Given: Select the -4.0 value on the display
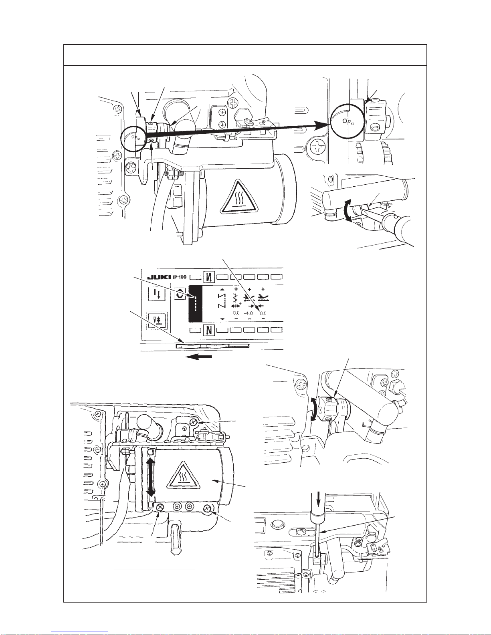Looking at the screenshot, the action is [x=249, y=313].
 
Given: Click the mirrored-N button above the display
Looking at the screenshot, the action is [x=209, y=276].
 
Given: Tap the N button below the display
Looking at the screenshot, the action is [x=209, y=330].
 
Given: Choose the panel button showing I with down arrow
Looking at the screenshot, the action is [x=157, y=294].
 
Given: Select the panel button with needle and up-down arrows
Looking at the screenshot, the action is [x=157, y=320].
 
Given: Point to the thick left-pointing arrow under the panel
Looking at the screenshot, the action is [x=199, y=356].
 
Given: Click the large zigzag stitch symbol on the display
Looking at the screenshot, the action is [x=222, y=300].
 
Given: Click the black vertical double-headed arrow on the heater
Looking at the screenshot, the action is [x=151, y=478].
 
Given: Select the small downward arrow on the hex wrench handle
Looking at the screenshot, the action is [x=319, y=501].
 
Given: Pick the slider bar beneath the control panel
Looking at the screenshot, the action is [x=212, y=345].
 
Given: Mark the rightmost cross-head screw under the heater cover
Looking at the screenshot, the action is [x=208, y=509].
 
